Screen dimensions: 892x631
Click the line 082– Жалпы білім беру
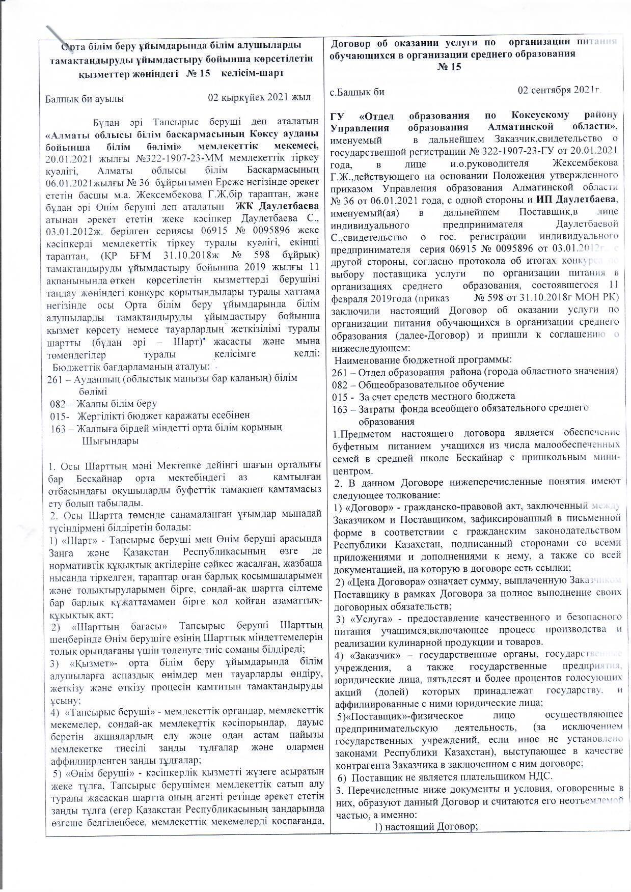pyautogui.click(x=103, y=404)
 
